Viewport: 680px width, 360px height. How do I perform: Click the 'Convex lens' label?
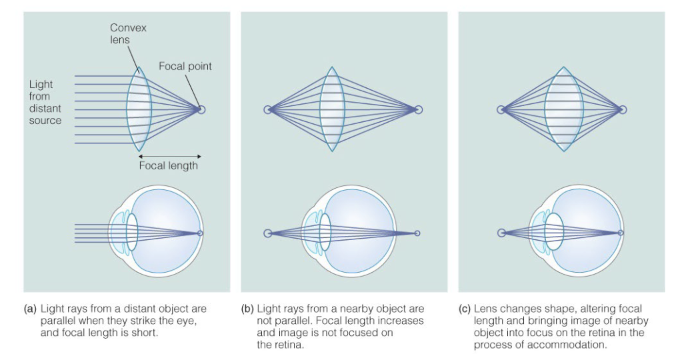click(x=129, y=33)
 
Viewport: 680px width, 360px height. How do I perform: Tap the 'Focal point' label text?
click(x=185, y=66)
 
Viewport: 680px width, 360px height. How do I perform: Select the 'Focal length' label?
click(x=168, y=165)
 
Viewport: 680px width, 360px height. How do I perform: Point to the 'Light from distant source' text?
click(x=45, y=103)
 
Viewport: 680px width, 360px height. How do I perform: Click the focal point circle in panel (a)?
click(x=201, y=109)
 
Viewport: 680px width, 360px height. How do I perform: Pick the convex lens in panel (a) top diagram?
click(x=139, y=109)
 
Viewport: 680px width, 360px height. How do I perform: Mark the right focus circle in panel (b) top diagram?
click(x=418, y=110)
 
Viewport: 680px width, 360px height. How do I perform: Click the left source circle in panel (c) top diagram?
click(x=502, y=109)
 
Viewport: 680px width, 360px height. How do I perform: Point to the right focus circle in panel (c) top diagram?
click(x=622, y=109)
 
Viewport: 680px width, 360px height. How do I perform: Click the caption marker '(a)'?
click(x=29, y=309)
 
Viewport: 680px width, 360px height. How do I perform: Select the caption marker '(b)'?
click(x=247, y=309)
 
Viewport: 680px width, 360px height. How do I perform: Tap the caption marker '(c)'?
click(x=465, y=309)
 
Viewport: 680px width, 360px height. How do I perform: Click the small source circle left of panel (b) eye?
click(x=267, y=233)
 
